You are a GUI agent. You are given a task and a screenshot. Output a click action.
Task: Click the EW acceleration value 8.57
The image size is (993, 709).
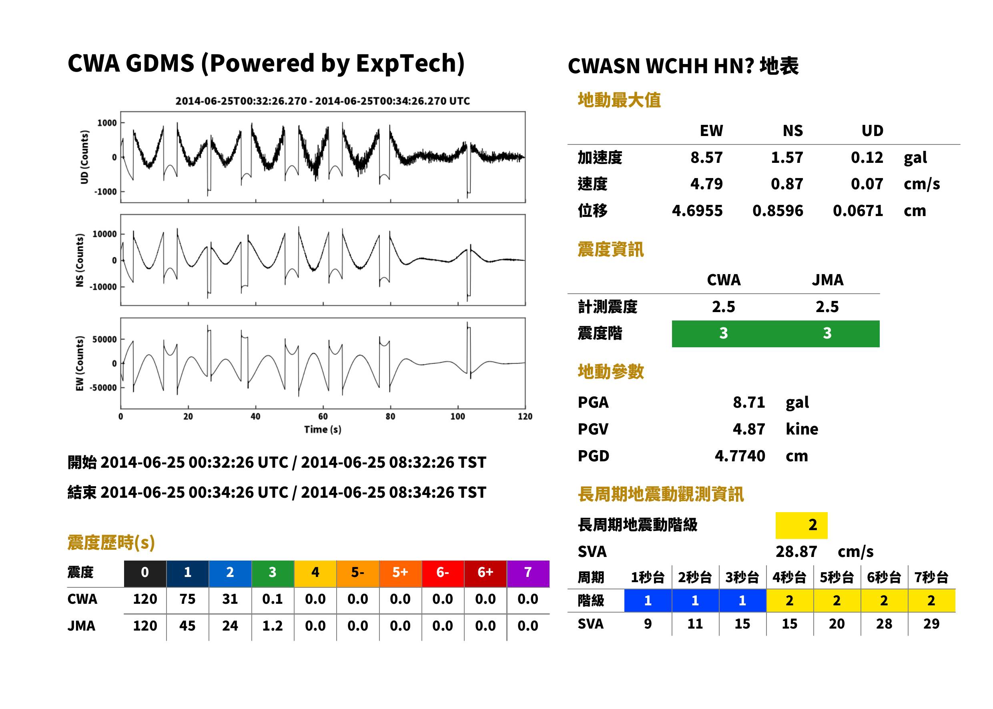[706, 157]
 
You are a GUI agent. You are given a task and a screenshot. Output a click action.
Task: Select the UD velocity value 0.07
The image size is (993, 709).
[867, 184]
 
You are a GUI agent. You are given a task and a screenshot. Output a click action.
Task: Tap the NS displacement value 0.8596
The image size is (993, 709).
[777, 210]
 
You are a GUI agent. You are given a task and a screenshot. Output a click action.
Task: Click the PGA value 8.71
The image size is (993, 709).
[748, 402]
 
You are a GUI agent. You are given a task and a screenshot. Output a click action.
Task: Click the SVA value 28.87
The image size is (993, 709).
[796, 551]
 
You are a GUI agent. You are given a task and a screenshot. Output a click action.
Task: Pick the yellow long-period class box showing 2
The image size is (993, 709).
[801, 525]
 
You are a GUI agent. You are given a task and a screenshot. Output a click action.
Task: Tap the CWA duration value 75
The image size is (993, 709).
[187, 599]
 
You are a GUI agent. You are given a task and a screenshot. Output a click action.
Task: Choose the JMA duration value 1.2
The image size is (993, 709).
[273, 626]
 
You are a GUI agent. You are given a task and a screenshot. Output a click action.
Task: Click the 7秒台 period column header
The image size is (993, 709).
[931, 577]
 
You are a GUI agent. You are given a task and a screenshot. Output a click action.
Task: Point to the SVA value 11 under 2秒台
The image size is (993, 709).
[695, 623]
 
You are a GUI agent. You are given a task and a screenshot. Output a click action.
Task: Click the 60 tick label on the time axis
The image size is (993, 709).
[323, 416]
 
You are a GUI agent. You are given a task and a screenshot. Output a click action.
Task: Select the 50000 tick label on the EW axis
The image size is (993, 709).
[105, 339]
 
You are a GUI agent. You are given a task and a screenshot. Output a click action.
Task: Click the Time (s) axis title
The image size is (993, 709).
[323, 429]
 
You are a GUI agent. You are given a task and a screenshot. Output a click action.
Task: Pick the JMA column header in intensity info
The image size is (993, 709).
[828, 280]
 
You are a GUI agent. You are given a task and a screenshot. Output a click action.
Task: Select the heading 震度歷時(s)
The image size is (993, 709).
[111, 542]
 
